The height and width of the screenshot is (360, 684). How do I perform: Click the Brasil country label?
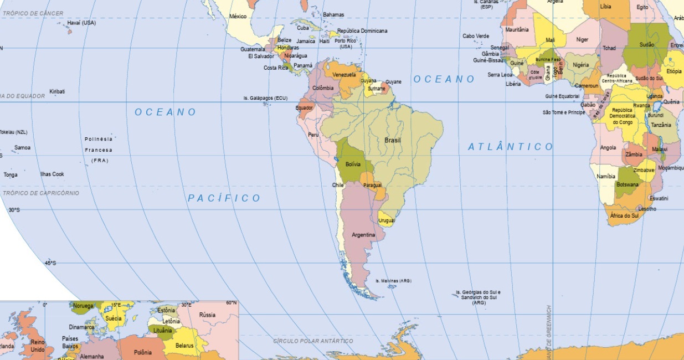point(392,140)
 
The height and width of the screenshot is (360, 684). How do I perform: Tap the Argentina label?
point(363,235)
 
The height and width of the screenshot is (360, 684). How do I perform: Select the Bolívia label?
point(352,164)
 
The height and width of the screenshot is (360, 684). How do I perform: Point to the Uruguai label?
point(387,220)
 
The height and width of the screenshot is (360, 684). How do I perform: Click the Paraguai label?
point(372,184)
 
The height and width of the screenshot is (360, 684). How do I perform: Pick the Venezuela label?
point(344,75)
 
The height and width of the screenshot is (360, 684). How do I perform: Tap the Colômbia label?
point(323,88)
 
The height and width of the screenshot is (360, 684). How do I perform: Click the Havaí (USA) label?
point(81,23)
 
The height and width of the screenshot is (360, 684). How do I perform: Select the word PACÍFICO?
point(224,198)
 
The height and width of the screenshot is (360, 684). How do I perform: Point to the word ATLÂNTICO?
point(510,147)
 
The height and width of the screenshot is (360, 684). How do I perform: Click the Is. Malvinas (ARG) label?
point(393,281)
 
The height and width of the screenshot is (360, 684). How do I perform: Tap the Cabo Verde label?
point(476,36)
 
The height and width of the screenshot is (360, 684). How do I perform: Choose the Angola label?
point(608,148)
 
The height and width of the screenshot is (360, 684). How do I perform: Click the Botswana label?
point(628,184)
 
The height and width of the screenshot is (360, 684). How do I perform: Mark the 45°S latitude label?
point(50,263)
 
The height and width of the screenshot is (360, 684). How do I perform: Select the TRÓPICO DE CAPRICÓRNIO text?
point(41,193)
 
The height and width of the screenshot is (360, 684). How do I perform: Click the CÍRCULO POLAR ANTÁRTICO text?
point(313,341)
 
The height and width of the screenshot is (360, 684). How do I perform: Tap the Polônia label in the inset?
point(142,352)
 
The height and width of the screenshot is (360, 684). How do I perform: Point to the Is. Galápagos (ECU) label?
point(266,98)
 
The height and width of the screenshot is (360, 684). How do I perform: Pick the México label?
point(238,17)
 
